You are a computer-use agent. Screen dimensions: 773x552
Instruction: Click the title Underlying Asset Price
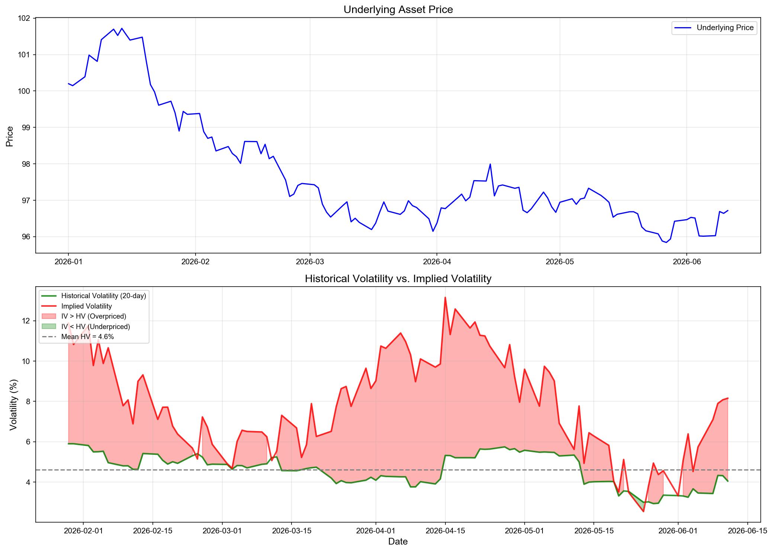pyautogui.click(x=398, y=10)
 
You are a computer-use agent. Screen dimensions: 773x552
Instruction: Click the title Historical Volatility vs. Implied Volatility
pyautogui.click(x=398, y=278)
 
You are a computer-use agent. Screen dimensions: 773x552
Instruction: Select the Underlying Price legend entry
pyautogui.click(x=714, y=28)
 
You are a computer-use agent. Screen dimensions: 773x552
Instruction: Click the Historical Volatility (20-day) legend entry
pyautogui.click(x=94, y=296)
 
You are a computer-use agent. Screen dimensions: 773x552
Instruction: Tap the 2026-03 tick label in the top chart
pyautogui.click(x=310, y=262)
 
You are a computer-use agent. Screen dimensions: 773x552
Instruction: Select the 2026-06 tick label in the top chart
pyautogui.click(x=686, y=262)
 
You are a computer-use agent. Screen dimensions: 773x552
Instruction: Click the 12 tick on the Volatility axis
pyautogui.click(x=27, y=321)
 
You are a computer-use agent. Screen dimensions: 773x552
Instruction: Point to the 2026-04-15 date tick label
pyautogui.click(x=445, y=531)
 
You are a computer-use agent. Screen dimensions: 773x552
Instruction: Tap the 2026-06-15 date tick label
pyautogui.click(x=747, y=531)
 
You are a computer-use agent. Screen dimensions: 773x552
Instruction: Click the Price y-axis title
pyautogui.click(x=10, y=136)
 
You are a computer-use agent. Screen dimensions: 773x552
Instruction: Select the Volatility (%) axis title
pyautogui.click(x=13, y=405)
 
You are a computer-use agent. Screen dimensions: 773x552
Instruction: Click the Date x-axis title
pyautogui.click(x=398, y=542)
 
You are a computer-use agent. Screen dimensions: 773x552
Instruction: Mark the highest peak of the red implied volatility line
pyautogui.click(x=445, y=297)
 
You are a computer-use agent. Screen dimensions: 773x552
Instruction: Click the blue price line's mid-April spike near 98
pyautogui.click(x=490, y=164)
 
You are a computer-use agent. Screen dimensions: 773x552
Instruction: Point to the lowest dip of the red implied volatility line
pyautogui.click(x=643, y=511)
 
